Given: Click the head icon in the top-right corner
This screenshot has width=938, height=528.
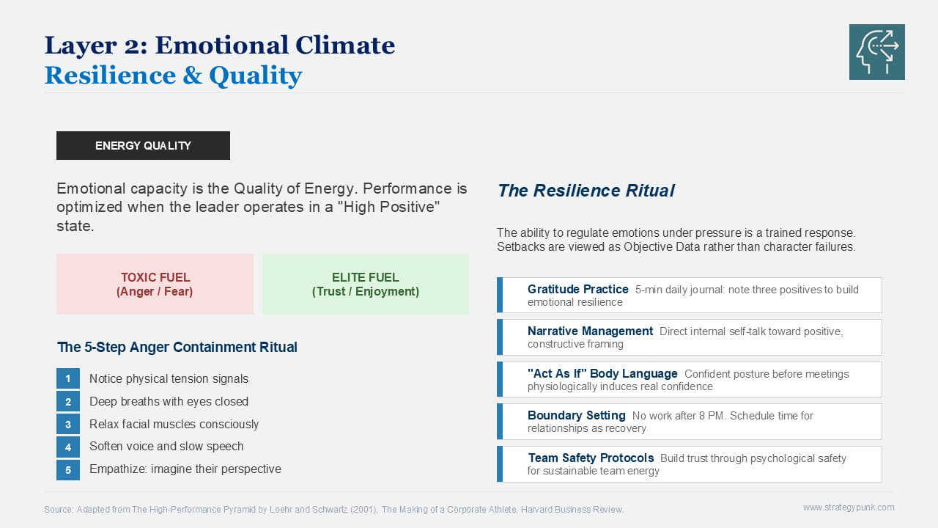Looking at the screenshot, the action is (x=877, y=52).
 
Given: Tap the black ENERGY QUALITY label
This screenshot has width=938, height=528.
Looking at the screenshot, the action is (x=143, y=145).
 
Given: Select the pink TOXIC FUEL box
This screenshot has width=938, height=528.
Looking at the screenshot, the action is (x=155, y=284).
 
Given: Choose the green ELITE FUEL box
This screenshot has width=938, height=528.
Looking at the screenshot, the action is (x=366, y=284).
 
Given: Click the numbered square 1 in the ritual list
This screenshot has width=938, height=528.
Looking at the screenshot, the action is (x=68, y=379).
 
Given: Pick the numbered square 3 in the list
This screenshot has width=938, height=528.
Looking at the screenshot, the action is (x=68, y=425).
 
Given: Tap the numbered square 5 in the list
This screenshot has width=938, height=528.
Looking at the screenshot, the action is (x=68, y=470).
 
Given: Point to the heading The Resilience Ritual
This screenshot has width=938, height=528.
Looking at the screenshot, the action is (x=586, y=191).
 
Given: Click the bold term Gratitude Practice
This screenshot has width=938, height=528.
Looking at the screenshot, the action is (x=578, y=289).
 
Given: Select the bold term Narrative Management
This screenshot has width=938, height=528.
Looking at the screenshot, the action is (x=590, y=331).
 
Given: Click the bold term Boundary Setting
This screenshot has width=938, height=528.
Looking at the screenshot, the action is (x=577, y=415).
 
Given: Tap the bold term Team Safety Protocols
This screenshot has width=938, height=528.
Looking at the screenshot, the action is (x=591, y=458).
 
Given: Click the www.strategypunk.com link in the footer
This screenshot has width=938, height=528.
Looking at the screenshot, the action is (x=849, y=507).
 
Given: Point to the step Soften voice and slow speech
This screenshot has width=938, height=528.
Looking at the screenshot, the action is (x=166, y=447).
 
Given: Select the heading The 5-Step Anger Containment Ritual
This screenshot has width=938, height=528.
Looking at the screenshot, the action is (x=177, y=347).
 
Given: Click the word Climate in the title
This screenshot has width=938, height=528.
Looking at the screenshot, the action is (x=345, y=45).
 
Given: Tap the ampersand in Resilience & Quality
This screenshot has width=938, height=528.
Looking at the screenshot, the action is (x=193, y=76).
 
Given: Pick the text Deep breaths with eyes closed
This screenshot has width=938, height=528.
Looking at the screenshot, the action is (x=169, y=401).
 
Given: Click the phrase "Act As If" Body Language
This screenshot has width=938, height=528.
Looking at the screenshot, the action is (x=602, y=373).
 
